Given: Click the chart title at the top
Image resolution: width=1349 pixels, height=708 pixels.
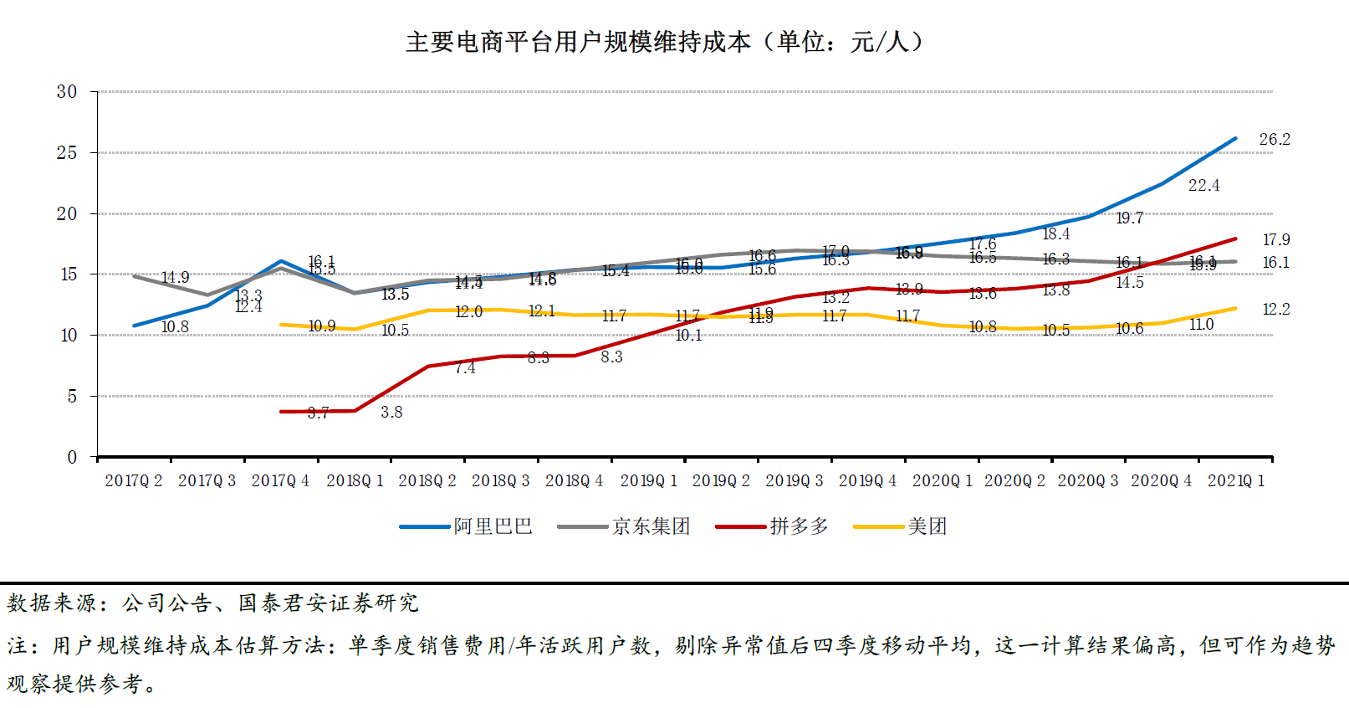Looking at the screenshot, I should (x=665, y=42).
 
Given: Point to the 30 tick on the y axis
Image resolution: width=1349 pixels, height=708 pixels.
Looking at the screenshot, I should (x=67, y=91).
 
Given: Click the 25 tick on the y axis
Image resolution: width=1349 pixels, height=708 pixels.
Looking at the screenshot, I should (x=67, y=152).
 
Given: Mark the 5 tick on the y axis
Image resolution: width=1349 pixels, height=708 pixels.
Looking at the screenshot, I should (x=72, y=396).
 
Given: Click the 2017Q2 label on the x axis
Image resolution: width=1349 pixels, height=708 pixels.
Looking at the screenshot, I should (x=134, y=481).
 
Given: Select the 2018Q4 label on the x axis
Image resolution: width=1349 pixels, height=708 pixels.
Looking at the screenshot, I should (x=575, y=481).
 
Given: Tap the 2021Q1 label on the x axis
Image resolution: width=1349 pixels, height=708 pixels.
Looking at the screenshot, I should (x=1236, y=481).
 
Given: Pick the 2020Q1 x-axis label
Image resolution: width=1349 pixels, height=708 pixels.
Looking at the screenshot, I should (x=943, y=481).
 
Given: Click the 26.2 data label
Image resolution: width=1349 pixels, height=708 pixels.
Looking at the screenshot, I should (x=1275, y=140).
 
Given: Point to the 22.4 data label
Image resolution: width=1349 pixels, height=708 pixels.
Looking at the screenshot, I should (x=1203, y=186).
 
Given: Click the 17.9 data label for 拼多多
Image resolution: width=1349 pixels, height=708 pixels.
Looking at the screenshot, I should (x=1276, y=240).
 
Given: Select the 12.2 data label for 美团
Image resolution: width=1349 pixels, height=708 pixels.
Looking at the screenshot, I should (x=1276, y=310).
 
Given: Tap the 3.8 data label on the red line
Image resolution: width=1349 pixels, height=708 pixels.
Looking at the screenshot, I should (x=391, y=413).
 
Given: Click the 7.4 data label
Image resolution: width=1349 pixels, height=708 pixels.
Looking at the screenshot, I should (x=465, y=368).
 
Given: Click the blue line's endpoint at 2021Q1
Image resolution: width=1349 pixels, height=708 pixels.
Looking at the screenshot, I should (x=1235, y=139).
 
